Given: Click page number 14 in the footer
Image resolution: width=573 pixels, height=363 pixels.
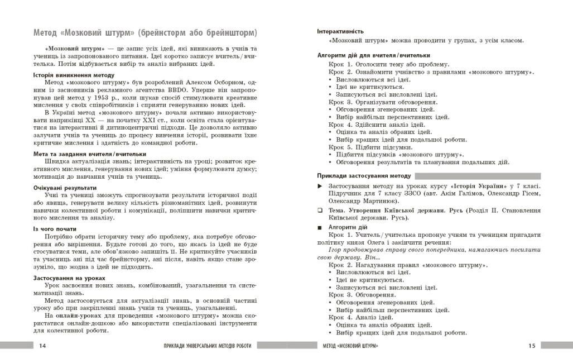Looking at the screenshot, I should [43, 346].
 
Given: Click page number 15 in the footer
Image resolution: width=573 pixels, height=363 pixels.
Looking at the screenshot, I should [531, 346].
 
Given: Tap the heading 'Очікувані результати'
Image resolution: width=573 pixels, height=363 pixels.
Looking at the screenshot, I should [65, 188].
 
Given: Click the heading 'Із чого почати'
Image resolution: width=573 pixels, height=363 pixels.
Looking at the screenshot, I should [55, 228].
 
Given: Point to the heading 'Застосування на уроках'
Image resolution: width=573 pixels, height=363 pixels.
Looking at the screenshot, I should [69, 278].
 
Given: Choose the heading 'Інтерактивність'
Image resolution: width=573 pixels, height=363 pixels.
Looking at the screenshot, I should [340, 31].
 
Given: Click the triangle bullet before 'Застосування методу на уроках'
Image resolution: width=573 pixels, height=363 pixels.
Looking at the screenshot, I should [320, 185].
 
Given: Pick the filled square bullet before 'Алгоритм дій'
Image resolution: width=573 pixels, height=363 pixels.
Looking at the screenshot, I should [320, 227].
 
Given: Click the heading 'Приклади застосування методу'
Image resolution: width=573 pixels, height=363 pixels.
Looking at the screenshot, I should [364, 175].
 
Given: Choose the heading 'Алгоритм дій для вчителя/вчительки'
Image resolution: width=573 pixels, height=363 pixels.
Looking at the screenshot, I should [373, 55].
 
